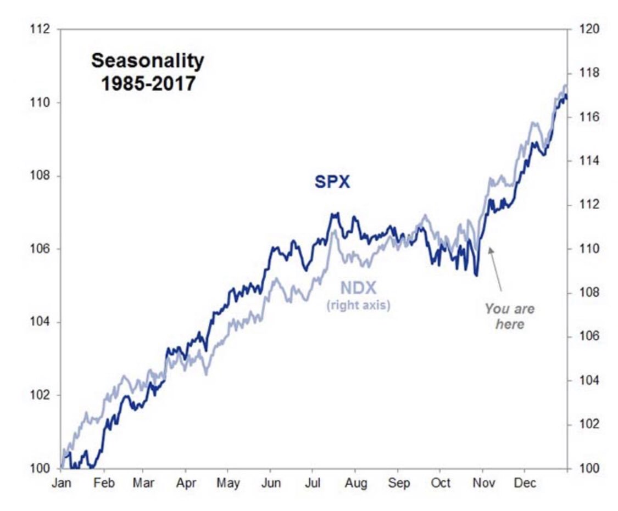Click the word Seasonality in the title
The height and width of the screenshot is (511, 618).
pyautogui.click(x=147, y=61)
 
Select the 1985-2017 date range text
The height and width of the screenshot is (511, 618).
pyautogui.click(x=147, y=83)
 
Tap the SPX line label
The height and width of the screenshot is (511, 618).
pyautogui.click(x=332, y=182)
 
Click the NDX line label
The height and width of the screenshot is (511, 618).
pyautogui.click(x=358, y=288)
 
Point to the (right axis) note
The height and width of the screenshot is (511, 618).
pyautogui.click(x=358, y=305)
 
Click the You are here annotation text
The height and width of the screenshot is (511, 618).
pyautogui.click(x=509, y=316)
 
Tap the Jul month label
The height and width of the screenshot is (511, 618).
pyautogui.click(x=313, y=483)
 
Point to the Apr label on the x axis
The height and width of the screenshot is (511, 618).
pyautogui.click(x=185, y=483)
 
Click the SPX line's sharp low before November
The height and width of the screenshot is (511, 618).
pyautogui.click(x=476, y=275)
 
